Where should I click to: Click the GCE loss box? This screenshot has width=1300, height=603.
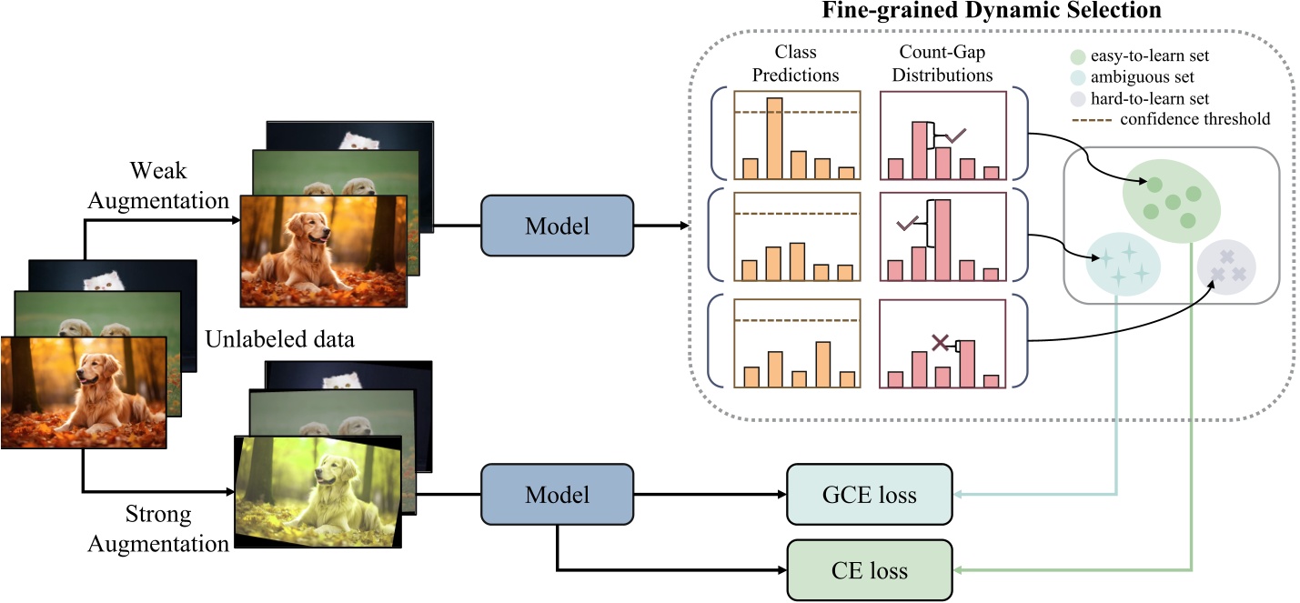tap(868, 495)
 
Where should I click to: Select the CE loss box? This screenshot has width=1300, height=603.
tap(868, 570)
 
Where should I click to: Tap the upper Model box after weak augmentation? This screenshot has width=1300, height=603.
tap(556, 224)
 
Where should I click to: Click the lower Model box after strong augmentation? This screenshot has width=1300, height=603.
tap(556, 495)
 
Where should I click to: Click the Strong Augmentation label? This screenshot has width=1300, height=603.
tap(164, 529)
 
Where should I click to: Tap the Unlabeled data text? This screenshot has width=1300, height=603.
tap(278, 341)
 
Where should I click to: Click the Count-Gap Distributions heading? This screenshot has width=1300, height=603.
tap(942, 64)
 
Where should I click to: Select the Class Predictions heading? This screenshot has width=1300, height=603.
tap(797, 64)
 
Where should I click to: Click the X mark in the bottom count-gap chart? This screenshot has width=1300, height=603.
tap(940, 342)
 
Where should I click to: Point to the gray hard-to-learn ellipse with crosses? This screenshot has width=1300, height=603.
tap(1226, 266)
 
